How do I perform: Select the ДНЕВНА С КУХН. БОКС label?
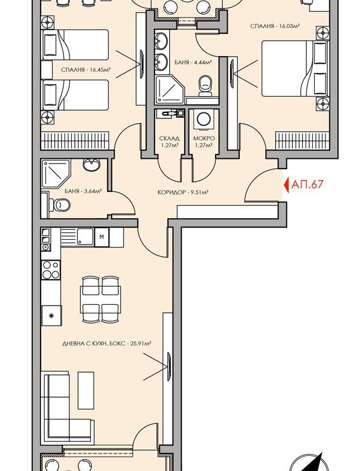(106, 343)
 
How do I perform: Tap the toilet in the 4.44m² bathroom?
(205, 85)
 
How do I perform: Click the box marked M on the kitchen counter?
(101, 236)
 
